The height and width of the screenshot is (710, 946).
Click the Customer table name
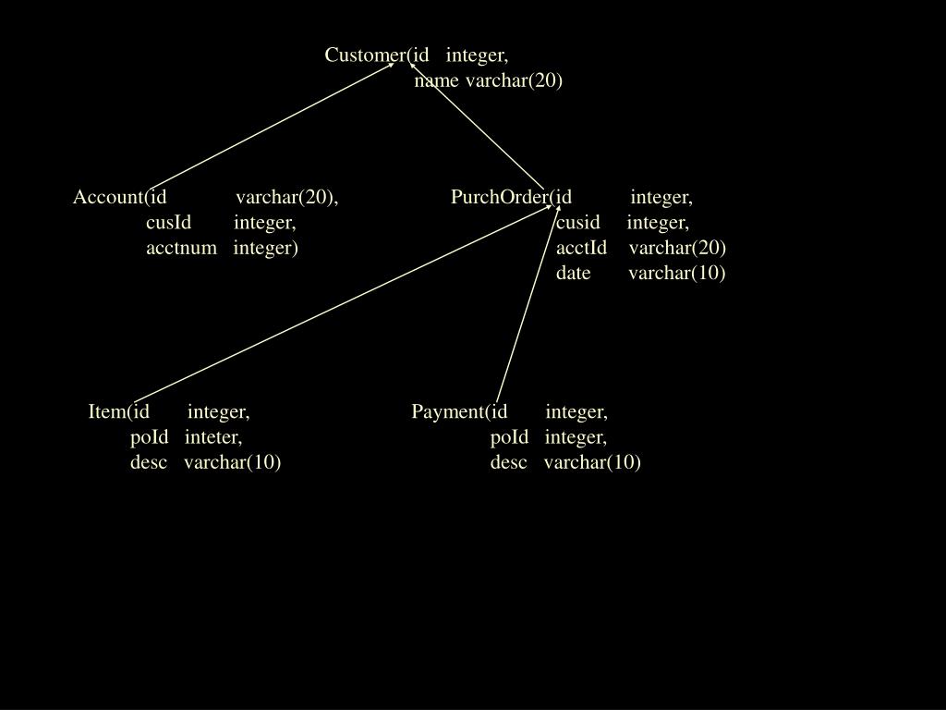[x=363, y=55]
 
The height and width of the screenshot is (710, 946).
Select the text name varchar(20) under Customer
[x=489, y=80]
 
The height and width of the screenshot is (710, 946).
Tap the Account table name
[x=107, y=197]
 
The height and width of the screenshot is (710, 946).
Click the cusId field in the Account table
[x=168, y=223]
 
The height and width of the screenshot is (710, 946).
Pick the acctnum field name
[x=181, y=248]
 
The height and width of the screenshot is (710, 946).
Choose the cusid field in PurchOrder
[x=577, y=223]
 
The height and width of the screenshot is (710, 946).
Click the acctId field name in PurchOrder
[x=581, y=248]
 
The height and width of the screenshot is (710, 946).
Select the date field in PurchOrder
[x=573, y=273]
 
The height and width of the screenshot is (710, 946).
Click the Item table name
[x=105, y=411]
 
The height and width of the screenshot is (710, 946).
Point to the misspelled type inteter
[x=212, y=436]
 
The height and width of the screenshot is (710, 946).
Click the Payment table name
[x=447, y=411]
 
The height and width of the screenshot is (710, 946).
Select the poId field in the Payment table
[x=509, y=436]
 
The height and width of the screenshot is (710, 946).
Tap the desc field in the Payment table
[x=508, y=461]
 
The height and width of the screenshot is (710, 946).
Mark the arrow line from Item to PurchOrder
[x=342, y=304]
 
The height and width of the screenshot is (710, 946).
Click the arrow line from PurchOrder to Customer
[x=477, y=127]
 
